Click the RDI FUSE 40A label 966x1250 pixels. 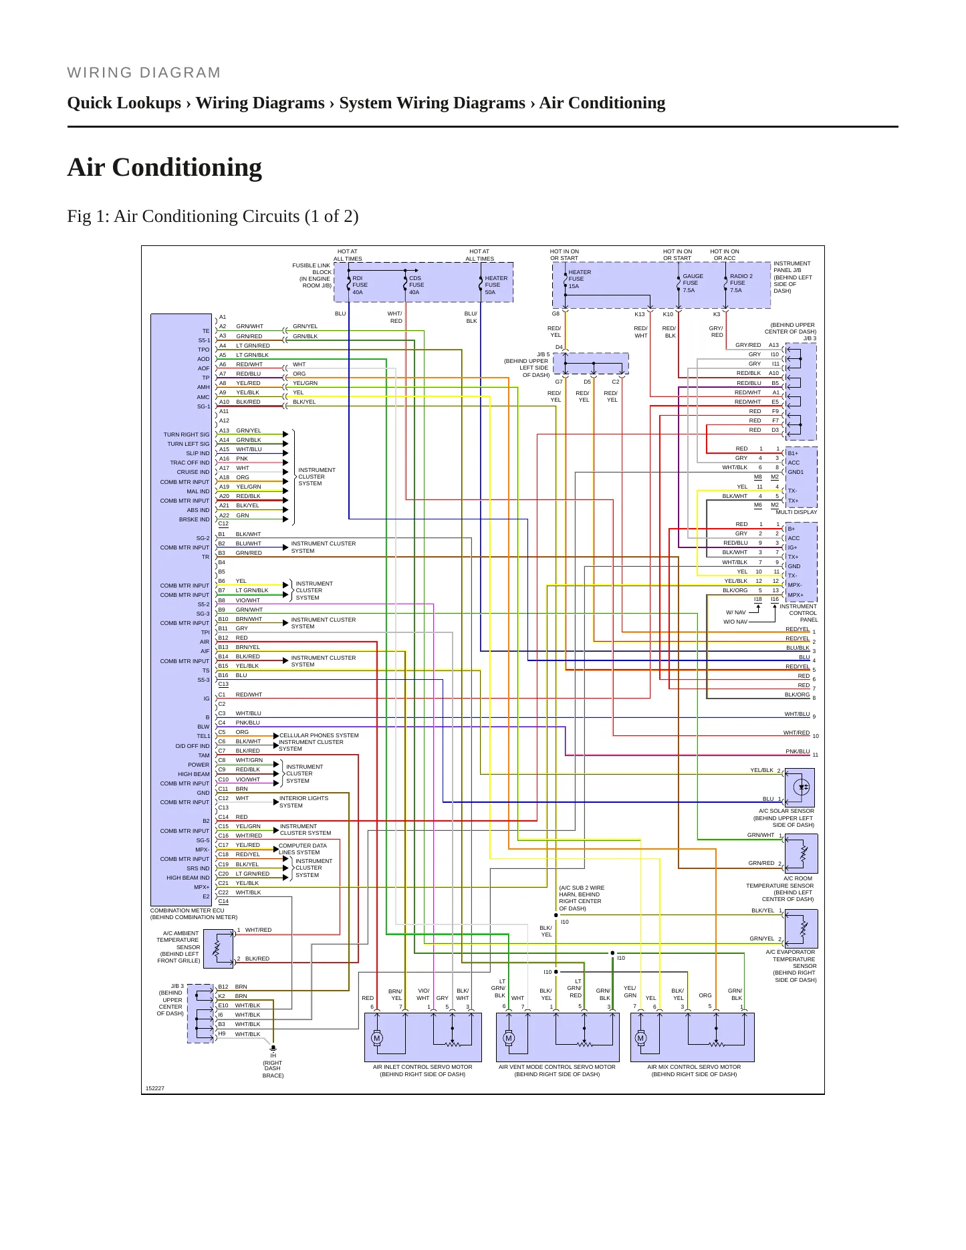click(360, 285)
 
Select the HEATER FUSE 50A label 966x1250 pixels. click(496, 285)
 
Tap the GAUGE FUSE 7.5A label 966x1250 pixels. click(693, 283)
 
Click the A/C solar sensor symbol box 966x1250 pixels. click(800, 787)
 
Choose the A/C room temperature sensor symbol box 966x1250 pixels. click(801, 853)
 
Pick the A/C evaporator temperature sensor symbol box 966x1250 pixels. click(801, 928)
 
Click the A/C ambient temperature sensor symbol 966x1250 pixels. click(219, 946)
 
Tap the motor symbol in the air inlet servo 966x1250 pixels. click(377, 1037)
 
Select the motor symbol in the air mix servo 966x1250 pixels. click(641, 1037)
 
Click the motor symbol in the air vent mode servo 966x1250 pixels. click(509, 1037)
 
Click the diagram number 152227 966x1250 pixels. click(155, 1088)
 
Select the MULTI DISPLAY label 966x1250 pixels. click(796, 512)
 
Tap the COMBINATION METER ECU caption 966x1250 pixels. click(187, 910)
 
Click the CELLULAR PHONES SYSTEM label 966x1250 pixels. click(319, 735)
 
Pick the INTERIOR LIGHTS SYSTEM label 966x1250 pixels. click(304, 801)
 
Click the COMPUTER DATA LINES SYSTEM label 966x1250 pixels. click(303, 849)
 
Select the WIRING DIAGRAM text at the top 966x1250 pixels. click(144, 73)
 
